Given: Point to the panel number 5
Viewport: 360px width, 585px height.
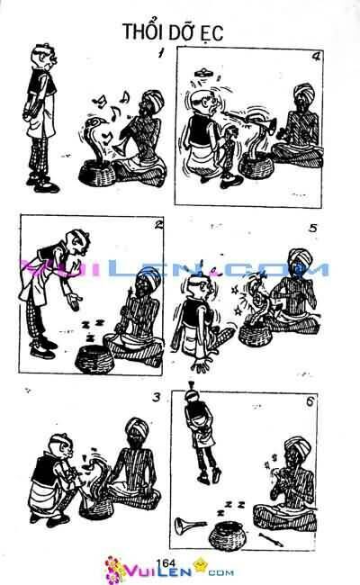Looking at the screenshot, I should [312, 228].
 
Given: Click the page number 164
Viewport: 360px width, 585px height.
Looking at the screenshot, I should [165, 562].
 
